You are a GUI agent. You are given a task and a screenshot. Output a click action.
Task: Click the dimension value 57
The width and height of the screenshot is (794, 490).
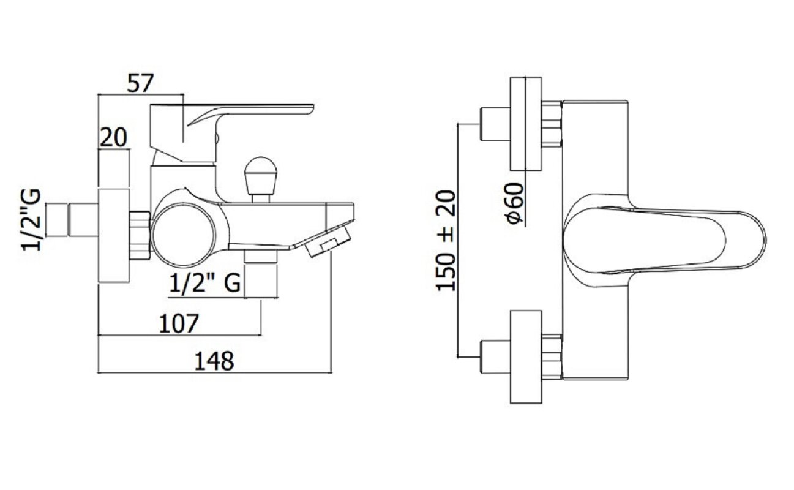[140, 83]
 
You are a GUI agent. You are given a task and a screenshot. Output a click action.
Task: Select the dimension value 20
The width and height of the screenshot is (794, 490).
[113, 138]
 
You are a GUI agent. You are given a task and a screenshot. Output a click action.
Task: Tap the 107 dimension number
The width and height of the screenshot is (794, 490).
[179, 324]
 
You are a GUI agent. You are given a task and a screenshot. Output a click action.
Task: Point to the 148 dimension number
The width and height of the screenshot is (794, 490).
[214, 361]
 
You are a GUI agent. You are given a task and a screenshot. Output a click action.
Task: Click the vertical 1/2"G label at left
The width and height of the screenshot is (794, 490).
[31, 220]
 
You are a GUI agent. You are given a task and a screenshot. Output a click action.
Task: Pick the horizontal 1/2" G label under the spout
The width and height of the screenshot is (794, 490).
[205, 283]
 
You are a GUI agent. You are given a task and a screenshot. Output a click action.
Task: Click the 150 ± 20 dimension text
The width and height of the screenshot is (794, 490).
[446, 241]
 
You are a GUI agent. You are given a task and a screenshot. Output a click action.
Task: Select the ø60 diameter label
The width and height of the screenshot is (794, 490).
[514, 203]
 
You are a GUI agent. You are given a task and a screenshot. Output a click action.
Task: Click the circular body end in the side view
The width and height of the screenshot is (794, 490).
[184, 235]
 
